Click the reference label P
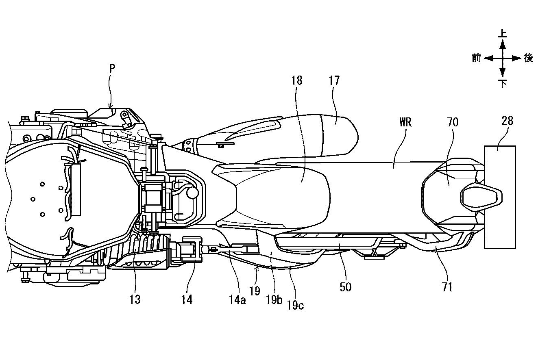(112, 69)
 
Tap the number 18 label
(296, 80)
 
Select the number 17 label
(334, 80)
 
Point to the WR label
(405, 122)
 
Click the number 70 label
(453, 122)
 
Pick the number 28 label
(507, 121)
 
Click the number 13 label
(135, 299)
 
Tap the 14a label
(237, 299)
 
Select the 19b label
(274, 299)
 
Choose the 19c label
(295, 305)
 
